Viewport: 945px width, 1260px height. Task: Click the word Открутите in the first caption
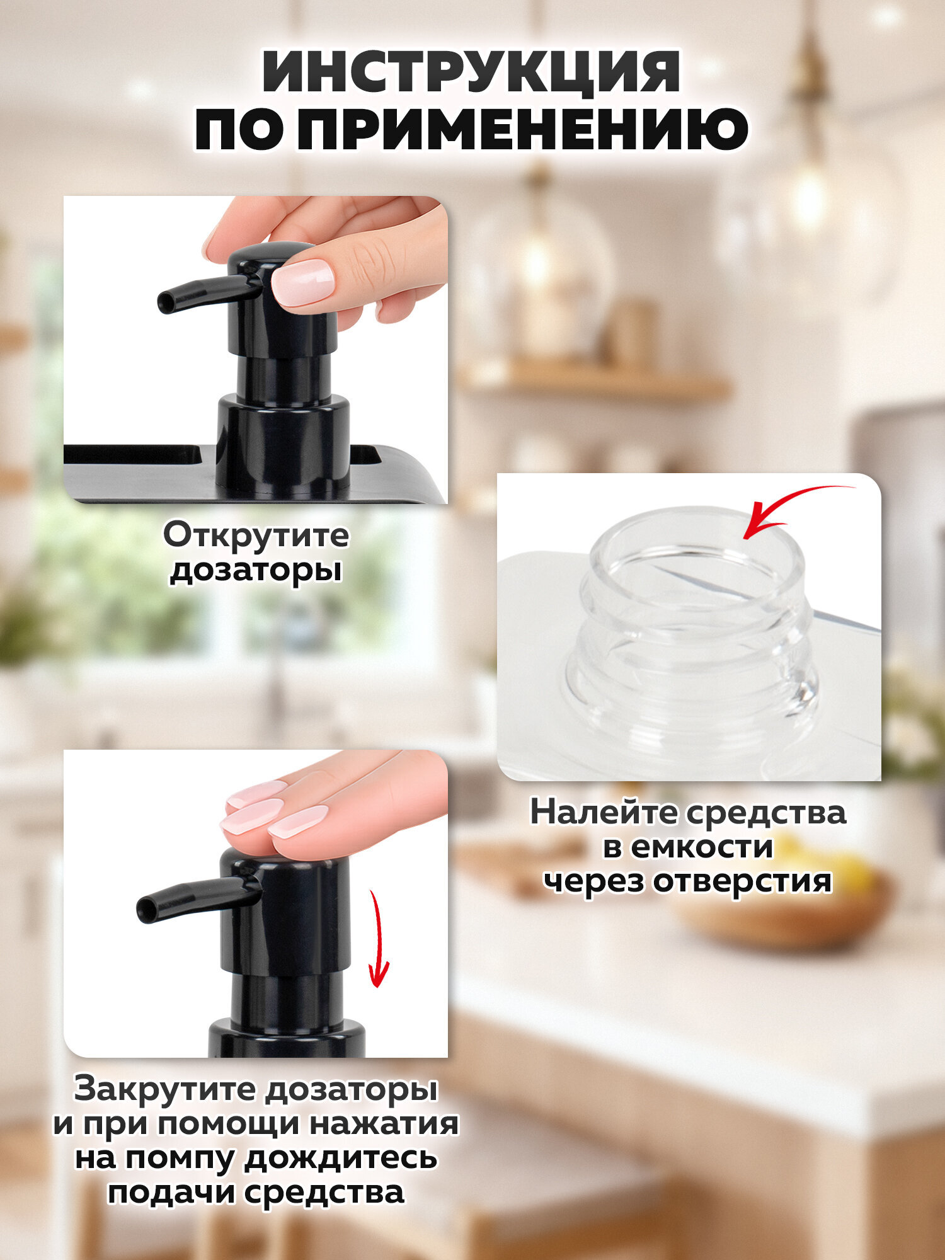pyautogui.click(x=256, y=535)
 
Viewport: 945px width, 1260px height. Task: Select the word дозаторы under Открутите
pyautogui.click(x=256, y=570)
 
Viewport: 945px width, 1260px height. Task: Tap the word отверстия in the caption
pyautogui.click(x=742, y=880)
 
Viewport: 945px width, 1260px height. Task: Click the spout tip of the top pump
pyautogui.click(x=165, y=304)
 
